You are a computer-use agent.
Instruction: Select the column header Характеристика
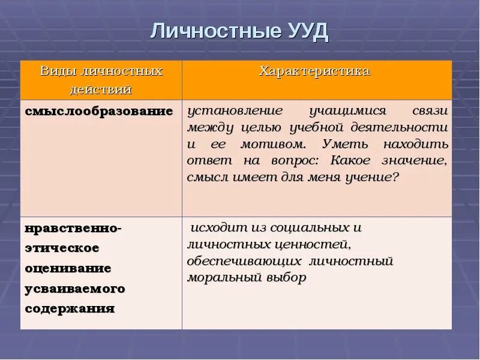point(314,71)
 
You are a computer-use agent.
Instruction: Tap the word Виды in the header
point(56,71)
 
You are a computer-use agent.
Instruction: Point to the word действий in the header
point(101,90)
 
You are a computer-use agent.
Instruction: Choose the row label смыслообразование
point(99,112)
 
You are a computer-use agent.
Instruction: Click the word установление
point(235,112)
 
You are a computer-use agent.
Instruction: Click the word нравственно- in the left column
point(73,228)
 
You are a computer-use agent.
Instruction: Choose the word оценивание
point(68,268)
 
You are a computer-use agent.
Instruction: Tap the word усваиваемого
point(75,289)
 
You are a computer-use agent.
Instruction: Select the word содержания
point(70,309)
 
